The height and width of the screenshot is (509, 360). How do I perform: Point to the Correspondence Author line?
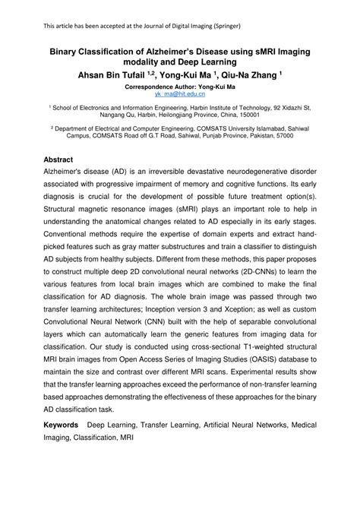coord(179,87)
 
